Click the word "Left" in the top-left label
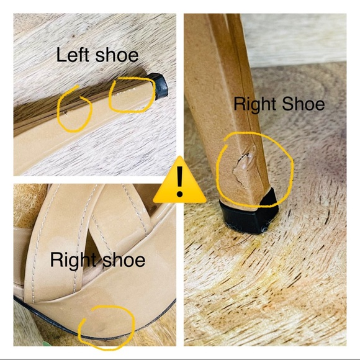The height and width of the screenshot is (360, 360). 73,55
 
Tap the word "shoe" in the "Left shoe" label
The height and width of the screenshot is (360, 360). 117,55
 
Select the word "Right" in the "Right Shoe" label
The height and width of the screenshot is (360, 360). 256,105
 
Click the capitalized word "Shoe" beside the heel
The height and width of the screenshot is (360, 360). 304,104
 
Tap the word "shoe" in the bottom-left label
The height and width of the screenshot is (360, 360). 124,260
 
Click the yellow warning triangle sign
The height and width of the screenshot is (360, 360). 179,181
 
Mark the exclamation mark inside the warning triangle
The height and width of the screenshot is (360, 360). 179,181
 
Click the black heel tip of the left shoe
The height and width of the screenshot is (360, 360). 160,86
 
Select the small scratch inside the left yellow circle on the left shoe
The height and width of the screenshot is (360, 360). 65,113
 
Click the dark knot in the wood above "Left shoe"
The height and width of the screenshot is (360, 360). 73,36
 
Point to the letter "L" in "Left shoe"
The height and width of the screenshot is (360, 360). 61,55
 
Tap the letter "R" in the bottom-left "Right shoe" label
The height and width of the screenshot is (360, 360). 56,259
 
